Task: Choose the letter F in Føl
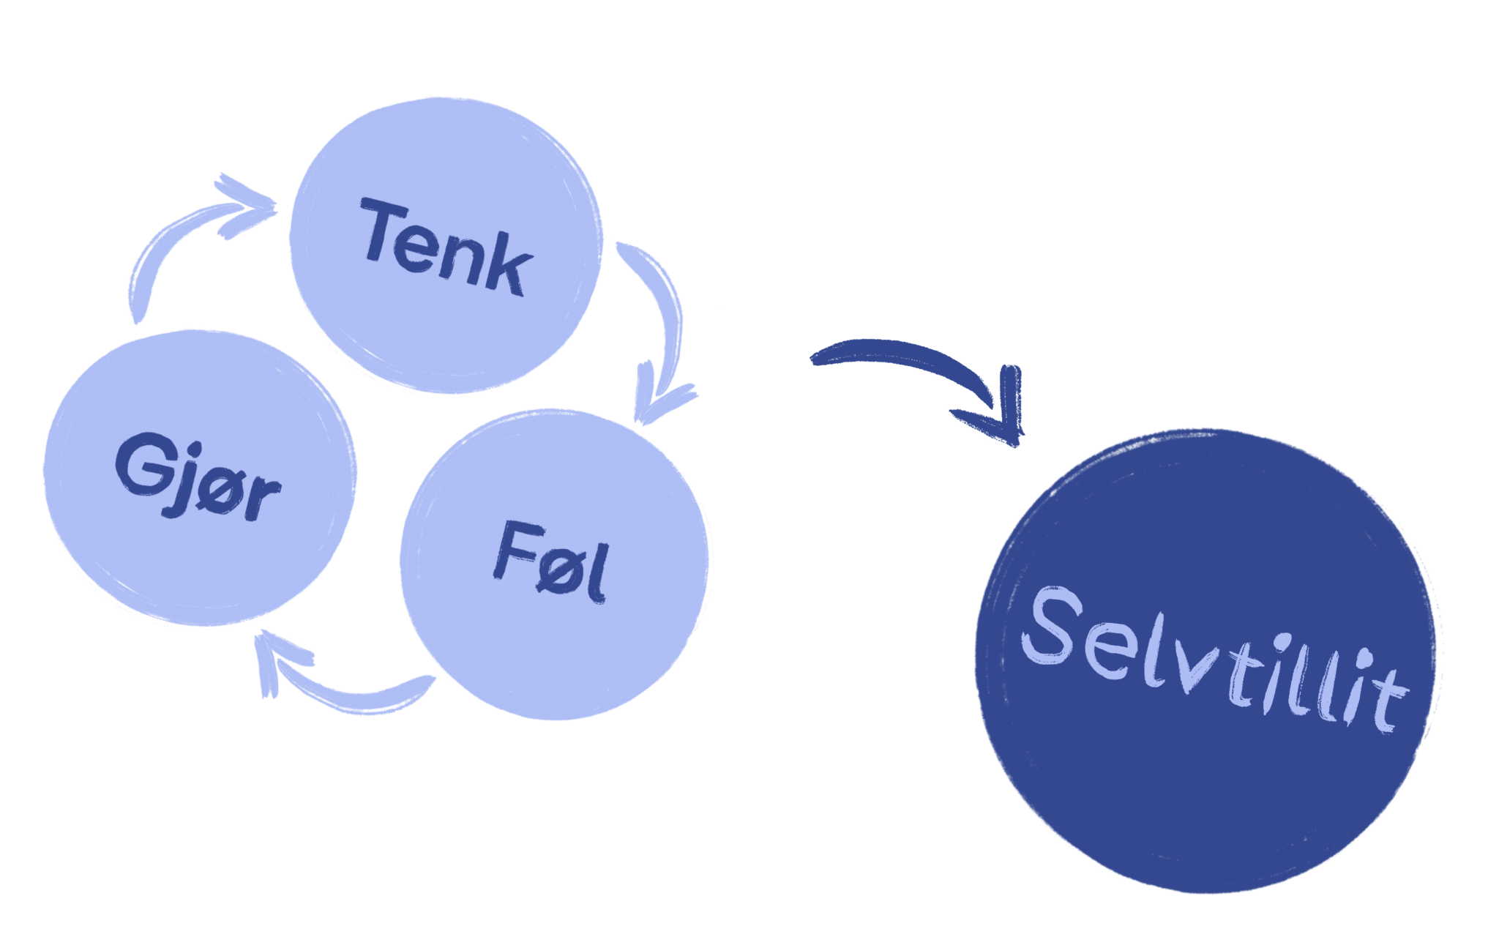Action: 512,549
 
